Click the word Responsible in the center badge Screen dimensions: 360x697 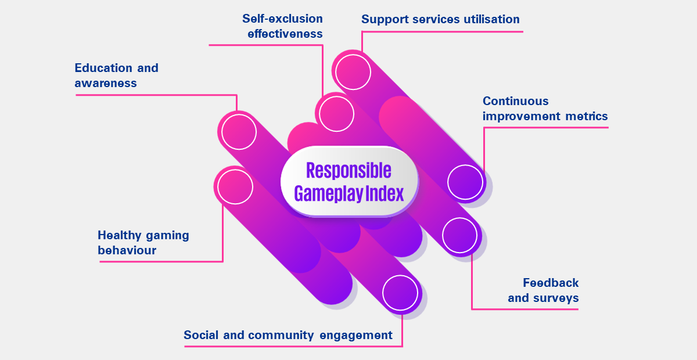coord(348,170)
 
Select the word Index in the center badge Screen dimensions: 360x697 coord(385,193)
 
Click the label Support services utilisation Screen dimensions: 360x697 coord(440,19)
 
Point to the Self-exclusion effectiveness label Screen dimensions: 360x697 coord(283,26)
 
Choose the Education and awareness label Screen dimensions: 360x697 coord(116,75)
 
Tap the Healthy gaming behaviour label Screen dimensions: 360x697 coord(143,243)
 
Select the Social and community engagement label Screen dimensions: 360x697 coord(288,335)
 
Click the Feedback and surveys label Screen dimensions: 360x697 coord(544,290)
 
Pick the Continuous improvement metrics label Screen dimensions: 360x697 coord(545,109)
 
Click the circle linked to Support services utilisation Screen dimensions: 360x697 coord(352,71)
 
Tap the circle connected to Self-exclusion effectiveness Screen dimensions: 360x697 coord(336,113)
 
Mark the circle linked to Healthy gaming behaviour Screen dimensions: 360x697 coord(234,186)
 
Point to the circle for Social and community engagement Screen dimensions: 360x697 coord(400,293)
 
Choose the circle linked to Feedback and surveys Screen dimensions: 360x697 coord(459,235)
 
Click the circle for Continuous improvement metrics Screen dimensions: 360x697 coord(465,182)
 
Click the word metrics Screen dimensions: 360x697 coord(586,116)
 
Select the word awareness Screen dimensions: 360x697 coord(106,83)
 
